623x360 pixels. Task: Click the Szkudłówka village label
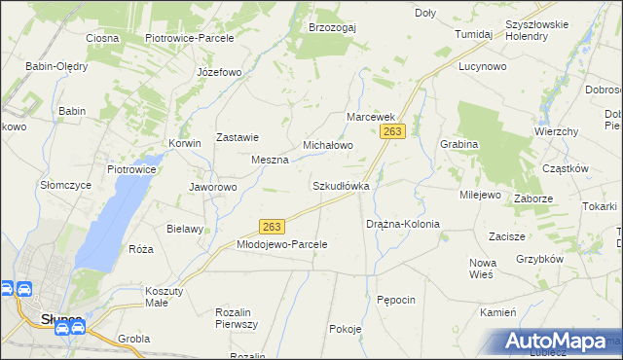tap(340, 185)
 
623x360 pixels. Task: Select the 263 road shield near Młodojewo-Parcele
tap(272, 227)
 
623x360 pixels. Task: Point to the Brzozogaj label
tap(332, 27)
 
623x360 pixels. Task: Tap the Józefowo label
tap(218, 73)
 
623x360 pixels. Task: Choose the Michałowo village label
tap(327, 145)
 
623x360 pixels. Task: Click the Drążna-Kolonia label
tap(403, 224)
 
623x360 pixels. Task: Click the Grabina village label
tap(458, 144)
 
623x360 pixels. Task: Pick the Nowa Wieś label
tap(482, 269)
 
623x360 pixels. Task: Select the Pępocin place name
tap(396, 300)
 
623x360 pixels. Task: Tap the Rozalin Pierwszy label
tap(237, 318)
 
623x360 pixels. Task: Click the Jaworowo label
tap(213, 187)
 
